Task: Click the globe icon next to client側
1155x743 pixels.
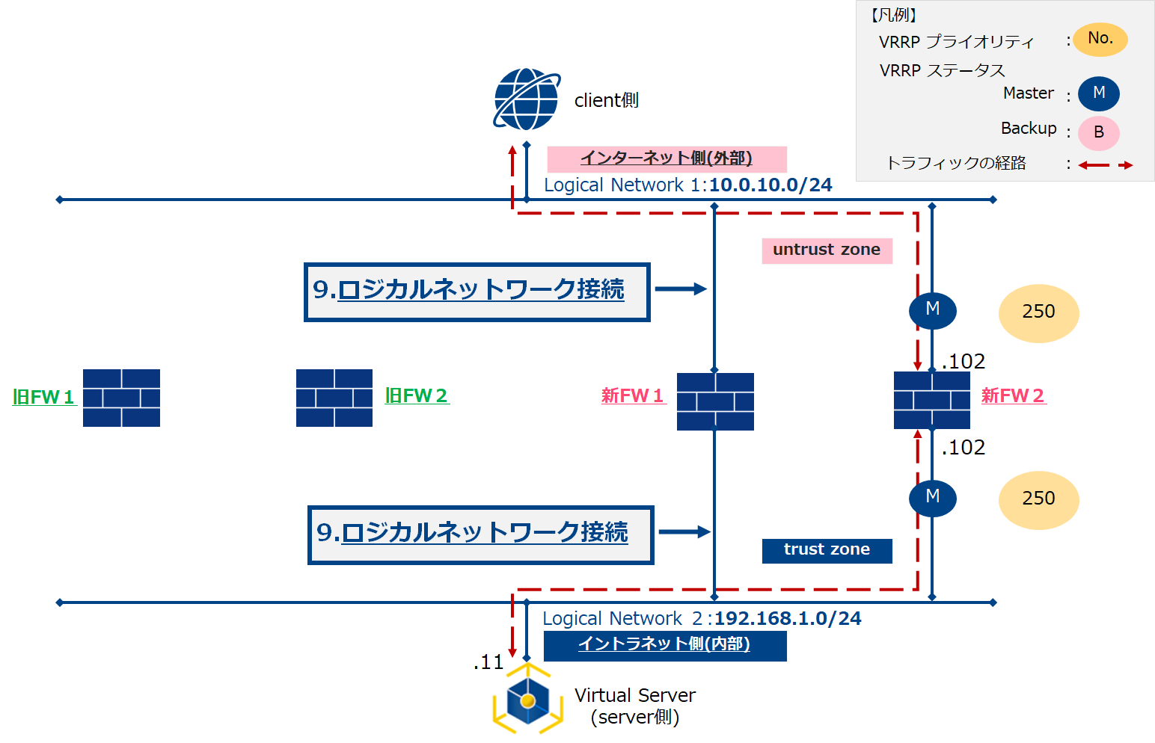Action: tap(527, 99)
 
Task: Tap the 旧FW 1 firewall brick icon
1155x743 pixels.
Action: tap(121, 398)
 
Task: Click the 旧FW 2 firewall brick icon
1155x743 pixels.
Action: tap(334, 398)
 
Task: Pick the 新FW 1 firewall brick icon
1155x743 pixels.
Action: tap(715, 401)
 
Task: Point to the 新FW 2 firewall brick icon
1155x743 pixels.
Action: tap(932, 401)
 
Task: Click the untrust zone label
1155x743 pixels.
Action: tap(827, 250)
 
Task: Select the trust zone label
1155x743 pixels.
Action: tap(827, 550)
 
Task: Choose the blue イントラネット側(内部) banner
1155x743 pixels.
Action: tap(664, 645)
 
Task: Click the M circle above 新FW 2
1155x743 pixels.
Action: tap(933, 309)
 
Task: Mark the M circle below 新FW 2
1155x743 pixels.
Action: tap(933, 497)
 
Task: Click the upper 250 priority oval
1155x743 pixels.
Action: tap(1038, 312)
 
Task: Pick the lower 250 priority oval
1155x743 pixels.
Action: tap(1038, 499)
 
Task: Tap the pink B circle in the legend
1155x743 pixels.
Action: tap(1099, 133)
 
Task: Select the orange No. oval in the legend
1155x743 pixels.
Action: tap(1100, 39)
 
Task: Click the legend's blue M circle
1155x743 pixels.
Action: tap(1099, 93)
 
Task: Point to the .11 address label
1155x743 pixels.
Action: tap(489, 662)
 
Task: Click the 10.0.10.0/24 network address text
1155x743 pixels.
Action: tap(770, 185)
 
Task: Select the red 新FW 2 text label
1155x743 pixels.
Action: tap(1013, 396)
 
